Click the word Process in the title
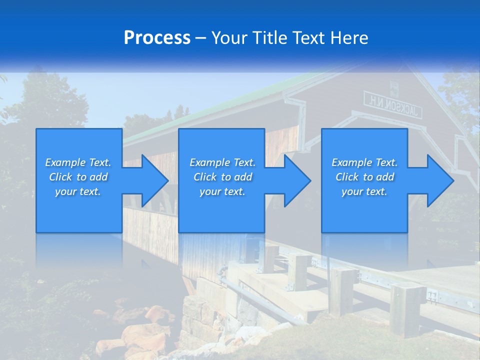pyautogui.click(x=157, y=38)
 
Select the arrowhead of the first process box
pyautogui.click(x=152, y=180)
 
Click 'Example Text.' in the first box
pyautogui.click(x=78, y=162)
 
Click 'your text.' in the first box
pyautogui.click(x=78, y=191)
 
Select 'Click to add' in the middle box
pyautogui.click(x=222, y=177)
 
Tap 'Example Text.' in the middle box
pyautogui.click(x=222, y=162)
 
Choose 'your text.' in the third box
pyautogui.click(x=364, y=191)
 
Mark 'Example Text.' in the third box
pyautogui.click(x=364, y=162)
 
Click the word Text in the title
pyautogui.click(x=310, y=38)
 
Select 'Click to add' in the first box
pyautogui.click(x=78, y=177)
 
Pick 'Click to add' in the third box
pyautogui.click(x=364, y=177)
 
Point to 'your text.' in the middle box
pyautogui.click(x=222, y=191)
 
